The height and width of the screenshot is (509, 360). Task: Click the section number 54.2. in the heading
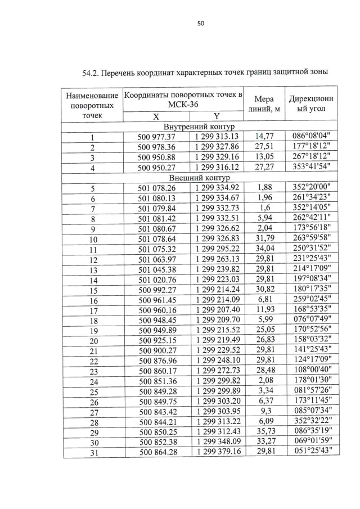coord(93,73)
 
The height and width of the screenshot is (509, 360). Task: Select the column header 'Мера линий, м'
coord(264,103)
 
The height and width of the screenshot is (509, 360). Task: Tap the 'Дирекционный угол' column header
coord(311,103)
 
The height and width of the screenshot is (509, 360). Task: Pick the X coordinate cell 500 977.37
coord(157,137)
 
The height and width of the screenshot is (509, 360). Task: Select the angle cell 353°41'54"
coord(312,166)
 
